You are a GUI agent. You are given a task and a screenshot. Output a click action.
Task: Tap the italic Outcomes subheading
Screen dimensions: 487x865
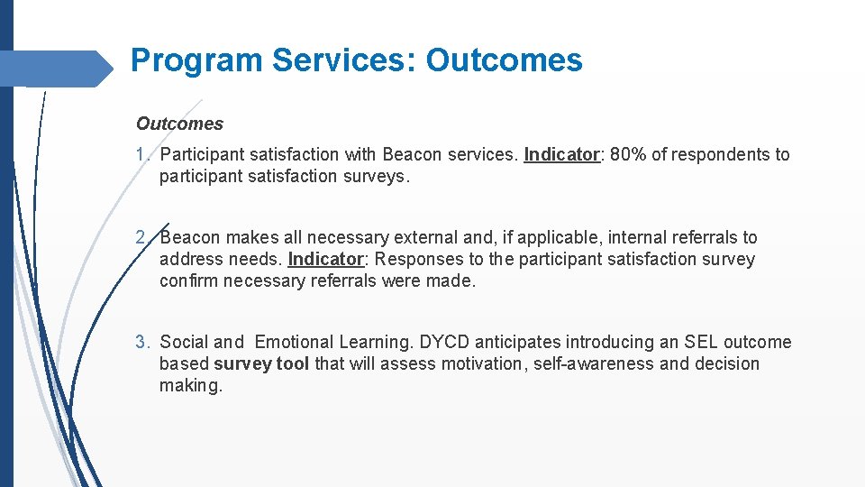(x=179, y=124)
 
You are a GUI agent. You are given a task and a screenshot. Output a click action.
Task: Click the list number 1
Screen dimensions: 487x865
(x=141, y=155)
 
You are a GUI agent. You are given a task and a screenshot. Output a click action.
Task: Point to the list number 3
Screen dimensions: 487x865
(x=141, y=343)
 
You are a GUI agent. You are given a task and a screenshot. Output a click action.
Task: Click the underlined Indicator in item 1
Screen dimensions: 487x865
(x=561, y=155)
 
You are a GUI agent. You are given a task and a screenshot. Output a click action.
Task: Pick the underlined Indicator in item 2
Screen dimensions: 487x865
(x=325, y=260)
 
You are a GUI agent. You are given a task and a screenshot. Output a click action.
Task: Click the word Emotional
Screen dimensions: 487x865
(x=295, y=343)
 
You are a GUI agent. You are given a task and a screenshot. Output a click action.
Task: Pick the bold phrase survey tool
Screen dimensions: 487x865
(x=261, y=364)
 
